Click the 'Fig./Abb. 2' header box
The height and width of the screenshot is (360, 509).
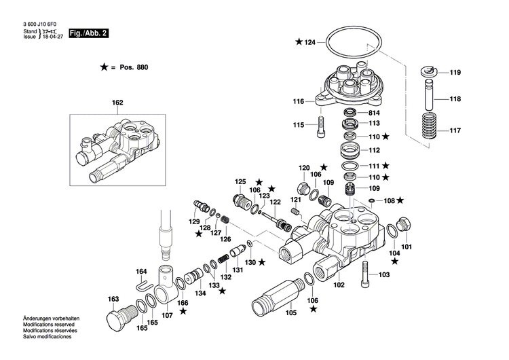(90, 33)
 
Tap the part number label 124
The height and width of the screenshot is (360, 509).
(309, 42)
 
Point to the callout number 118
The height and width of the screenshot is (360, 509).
(455, 99)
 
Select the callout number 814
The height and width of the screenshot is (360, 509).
(373, 113)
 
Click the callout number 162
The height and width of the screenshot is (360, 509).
(117, 103)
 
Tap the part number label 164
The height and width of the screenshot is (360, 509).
(140, 272)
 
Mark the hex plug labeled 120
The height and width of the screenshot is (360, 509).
(303, 187)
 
